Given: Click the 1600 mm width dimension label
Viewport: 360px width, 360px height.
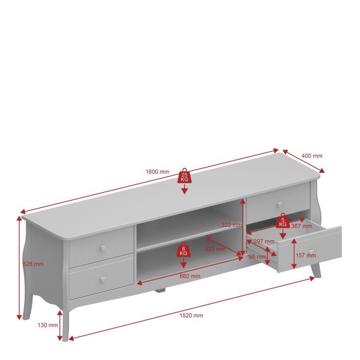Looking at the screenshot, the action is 157,172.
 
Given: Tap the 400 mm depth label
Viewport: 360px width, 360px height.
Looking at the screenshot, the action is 312,156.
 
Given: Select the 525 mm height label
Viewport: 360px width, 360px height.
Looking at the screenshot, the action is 33,264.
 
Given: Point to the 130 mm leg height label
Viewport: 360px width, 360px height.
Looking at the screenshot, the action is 48,325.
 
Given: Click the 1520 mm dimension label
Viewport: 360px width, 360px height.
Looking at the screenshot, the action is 191,315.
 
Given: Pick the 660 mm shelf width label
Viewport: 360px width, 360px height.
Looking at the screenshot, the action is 190,276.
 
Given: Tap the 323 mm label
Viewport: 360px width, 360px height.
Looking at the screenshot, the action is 231,225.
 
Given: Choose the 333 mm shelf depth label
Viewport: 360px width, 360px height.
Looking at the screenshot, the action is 215,248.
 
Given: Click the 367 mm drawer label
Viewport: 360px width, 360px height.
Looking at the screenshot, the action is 302,226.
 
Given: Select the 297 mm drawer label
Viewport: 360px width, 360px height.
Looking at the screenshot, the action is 264,241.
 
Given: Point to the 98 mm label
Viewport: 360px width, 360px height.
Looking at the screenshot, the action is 258,257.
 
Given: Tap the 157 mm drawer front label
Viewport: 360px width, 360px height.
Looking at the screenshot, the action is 306,255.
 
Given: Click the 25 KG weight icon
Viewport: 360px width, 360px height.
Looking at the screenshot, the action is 184,176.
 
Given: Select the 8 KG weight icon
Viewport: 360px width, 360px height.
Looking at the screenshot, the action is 183,249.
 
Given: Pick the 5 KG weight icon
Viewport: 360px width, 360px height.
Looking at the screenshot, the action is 283,221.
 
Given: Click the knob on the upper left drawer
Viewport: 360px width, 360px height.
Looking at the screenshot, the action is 103,248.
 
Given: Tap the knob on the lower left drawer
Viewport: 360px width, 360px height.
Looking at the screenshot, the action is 103,279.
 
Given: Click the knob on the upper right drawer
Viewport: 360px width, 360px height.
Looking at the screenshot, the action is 280,204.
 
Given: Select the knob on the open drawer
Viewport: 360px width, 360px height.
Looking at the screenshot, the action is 312,252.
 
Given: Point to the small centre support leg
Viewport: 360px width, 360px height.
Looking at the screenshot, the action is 160,291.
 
